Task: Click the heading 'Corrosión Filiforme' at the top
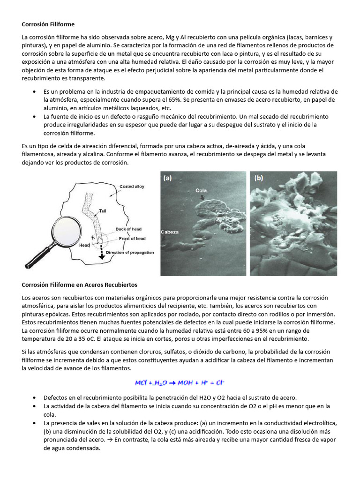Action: tap(48, 24)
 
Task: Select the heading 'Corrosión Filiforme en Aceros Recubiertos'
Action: tap(79, 285)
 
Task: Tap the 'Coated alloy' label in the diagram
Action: tap(132, 186)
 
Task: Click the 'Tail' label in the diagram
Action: tap(103, 211)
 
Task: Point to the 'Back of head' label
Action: tap(128, 229)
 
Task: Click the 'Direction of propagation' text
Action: tap(130, 253)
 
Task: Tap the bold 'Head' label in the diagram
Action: tap(84, 245)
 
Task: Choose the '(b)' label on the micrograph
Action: tap(259, 178)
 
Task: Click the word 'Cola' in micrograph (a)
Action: tap(201, 191)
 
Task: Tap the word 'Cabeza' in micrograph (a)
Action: tap(169, 232)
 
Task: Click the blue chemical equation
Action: tap(180, 382)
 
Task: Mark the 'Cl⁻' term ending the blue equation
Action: tap(219, 382)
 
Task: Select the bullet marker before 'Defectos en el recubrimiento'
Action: tap(35, 397)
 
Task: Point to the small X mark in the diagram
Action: tap(93, 238)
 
